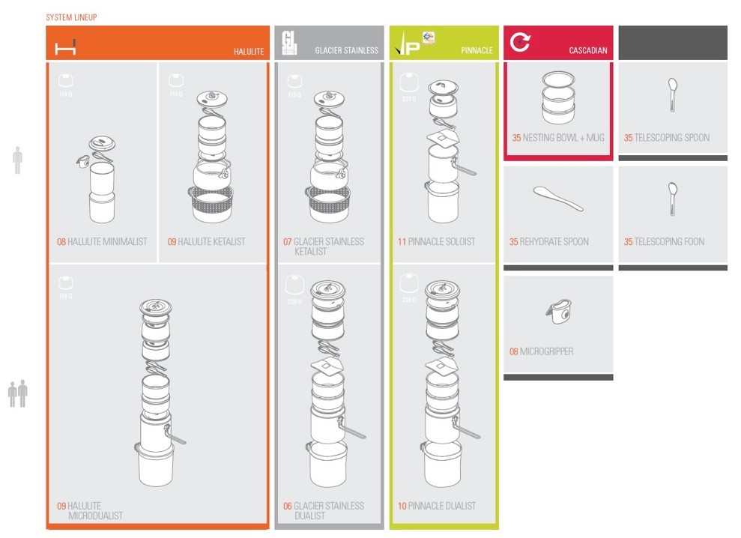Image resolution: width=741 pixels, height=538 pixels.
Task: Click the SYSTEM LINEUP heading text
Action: [71, 17]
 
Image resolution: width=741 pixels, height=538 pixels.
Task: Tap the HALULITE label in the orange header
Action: [248, 52]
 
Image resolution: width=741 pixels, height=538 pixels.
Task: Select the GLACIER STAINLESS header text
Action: [346, 51]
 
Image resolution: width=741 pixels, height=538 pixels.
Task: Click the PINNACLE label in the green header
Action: [477, 51]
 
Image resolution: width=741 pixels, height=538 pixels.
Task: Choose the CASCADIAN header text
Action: [588, 51]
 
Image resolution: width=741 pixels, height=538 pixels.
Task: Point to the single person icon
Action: [17, 160]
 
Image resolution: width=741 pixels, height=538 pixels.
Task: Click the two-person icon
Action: [17, 393]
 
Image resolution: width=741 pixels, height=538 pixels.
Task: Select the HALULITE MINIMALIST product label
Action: [102, 242]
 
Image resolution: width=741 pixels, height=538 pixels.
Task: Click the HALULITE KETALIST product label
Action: [206, 242]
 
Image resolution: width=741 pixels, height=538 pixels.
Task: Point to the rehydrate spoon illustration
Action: [558, 198]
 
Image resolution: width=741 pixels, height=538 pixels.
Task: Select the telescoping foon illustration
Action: [672, 198]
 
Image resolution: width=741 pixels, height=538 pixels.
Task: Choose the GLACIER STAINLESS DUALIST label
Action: [323, 511]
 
